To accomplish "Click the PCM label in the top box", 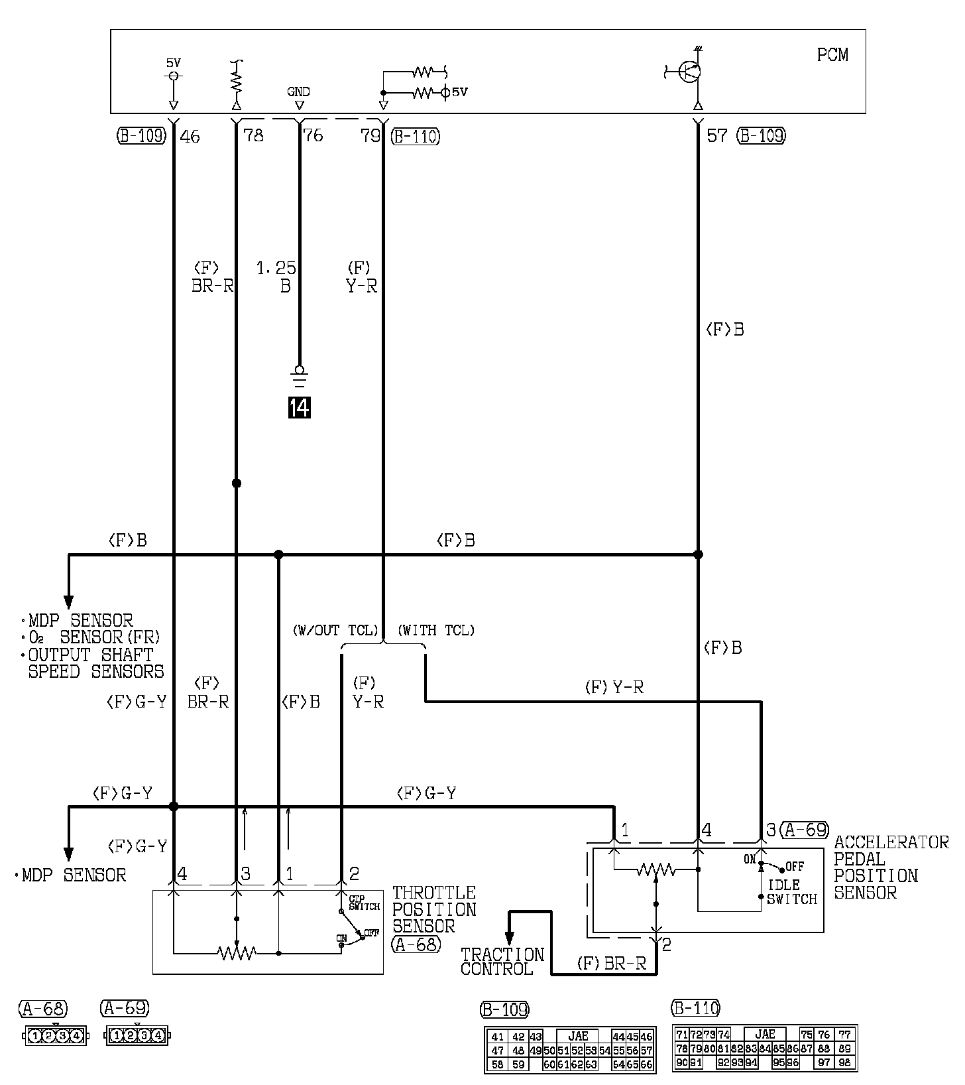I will pos(832,55).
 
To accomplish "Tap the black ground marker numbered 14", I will pos(299,407).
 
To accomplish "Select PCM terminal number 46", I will pos(190,137).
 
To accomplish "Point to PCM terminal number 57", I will pos(716,136).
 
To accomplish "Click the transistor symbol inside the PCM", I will pos(689,72).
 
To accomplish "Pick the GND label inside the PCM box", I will pos(298,92).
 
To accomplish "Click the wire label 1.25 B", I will pos(277,277).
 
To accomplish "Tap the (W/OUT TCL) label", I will pos(335,630).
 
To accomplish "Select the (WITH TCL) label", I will pos(436,630).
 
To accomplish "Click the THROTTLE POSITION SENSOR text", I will pos(434,909).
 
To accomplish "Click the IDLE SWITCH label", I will pos(791,892).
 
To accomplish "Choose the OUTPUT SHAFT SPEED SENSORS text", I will pos(93,663).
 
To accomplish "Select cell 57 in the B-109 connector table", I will pos(647,1051).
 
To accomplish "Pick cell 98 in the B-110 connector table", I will pos(844,1062).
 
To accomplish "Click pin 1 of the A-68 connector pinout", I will pos(34,1035).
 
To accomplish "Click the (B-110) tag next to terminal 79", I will pos(415,136).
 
